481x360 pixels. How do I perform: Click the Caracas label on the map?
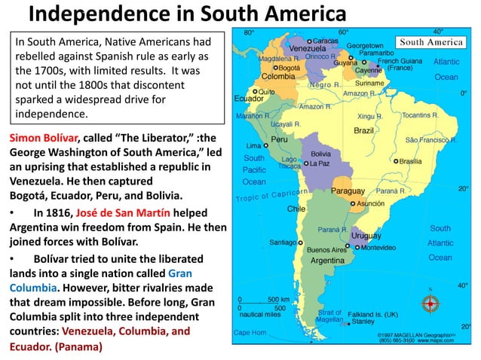tap(325, 40)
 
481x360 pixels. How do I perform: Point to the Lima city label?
tap(253, 145)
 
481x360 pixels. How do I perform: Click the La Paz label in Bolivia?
tap(319, 163)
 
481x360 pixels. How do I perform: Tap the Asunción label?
tap(371, 203)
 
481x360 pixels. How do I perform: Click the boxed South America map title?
tap(430, 42)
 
